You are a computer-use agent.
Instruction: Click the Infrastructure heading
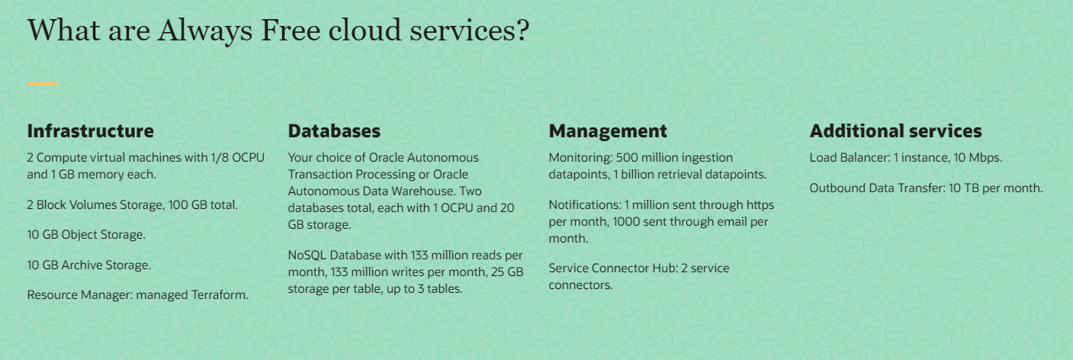point(90,131)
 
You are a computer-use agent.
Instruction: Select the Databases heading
point(334,131)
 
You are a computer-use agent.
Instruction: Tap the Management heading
point(608,131)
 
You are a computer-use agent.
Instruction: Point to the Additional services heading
point(895,131)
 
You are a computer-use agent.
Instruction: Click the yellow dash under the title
point(43,83)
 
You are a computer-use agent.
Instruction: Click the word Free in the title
point(292,31)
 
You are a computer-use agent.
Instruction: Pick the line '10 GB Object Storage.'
point(86,235)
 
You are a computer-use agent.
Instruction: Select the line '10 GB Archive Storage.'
point(89,265)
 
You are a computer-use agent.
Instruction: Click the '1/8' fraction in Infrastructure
point(219,158)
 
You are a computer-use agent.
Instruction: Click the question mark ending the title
point(521,31)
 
